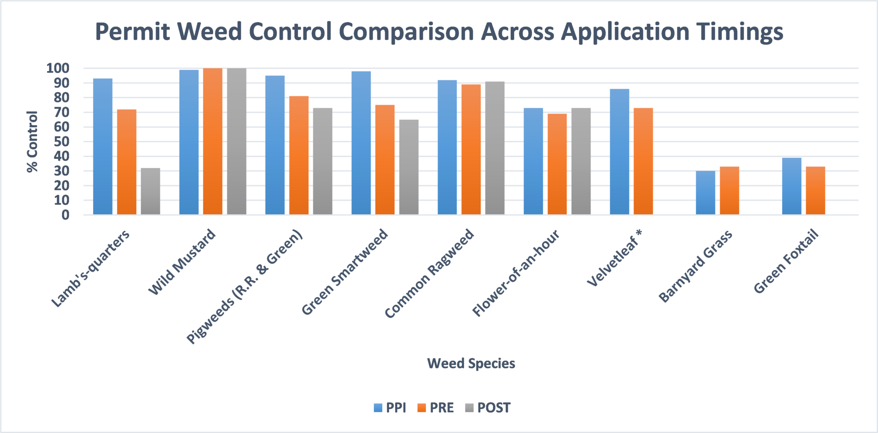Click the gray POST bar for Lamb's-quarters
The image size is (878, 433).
[150, 191]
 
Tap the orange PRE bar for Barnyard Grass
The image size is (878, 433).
[729, 191]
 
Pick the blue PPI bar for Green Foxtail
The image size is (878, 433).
[792, 186]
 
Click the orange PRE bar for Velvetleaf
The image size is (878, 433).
[643, 161]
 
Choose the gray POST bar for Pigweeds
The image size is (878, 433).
[322, 161]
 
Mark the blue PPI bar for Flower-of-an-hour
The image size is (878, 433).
[533, 161]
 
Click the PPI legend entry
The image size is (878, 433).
[390, 408]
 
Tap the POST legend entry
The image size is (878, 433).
[488, 408]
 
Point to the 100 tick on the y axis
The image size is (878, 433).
[58, 68]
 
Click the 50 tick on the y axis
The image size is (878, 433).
[62, 142]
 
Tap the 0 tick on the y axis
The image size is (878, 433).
[66, 215]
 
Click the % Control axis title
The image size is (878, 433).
[32, 142]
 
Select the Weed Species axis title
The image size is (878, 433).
[471, 363]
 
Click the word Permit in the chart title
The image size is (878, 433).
[132, 32]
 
